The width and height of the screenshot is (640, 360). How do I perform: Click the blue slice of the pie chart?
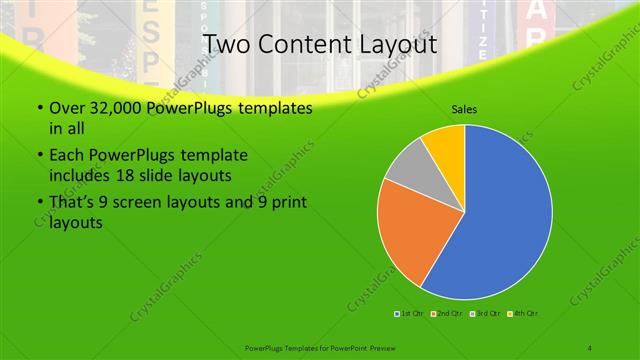(x=500, y=220)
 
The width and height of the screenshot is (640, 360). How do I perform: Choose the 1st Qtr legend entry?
(x=409, y=315)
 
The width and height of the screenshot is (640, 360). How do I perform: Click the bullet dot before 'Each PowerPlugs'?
(x=38, y=156)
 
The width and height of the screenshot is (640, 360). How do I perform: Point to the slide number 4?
(x=590, y=347)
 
